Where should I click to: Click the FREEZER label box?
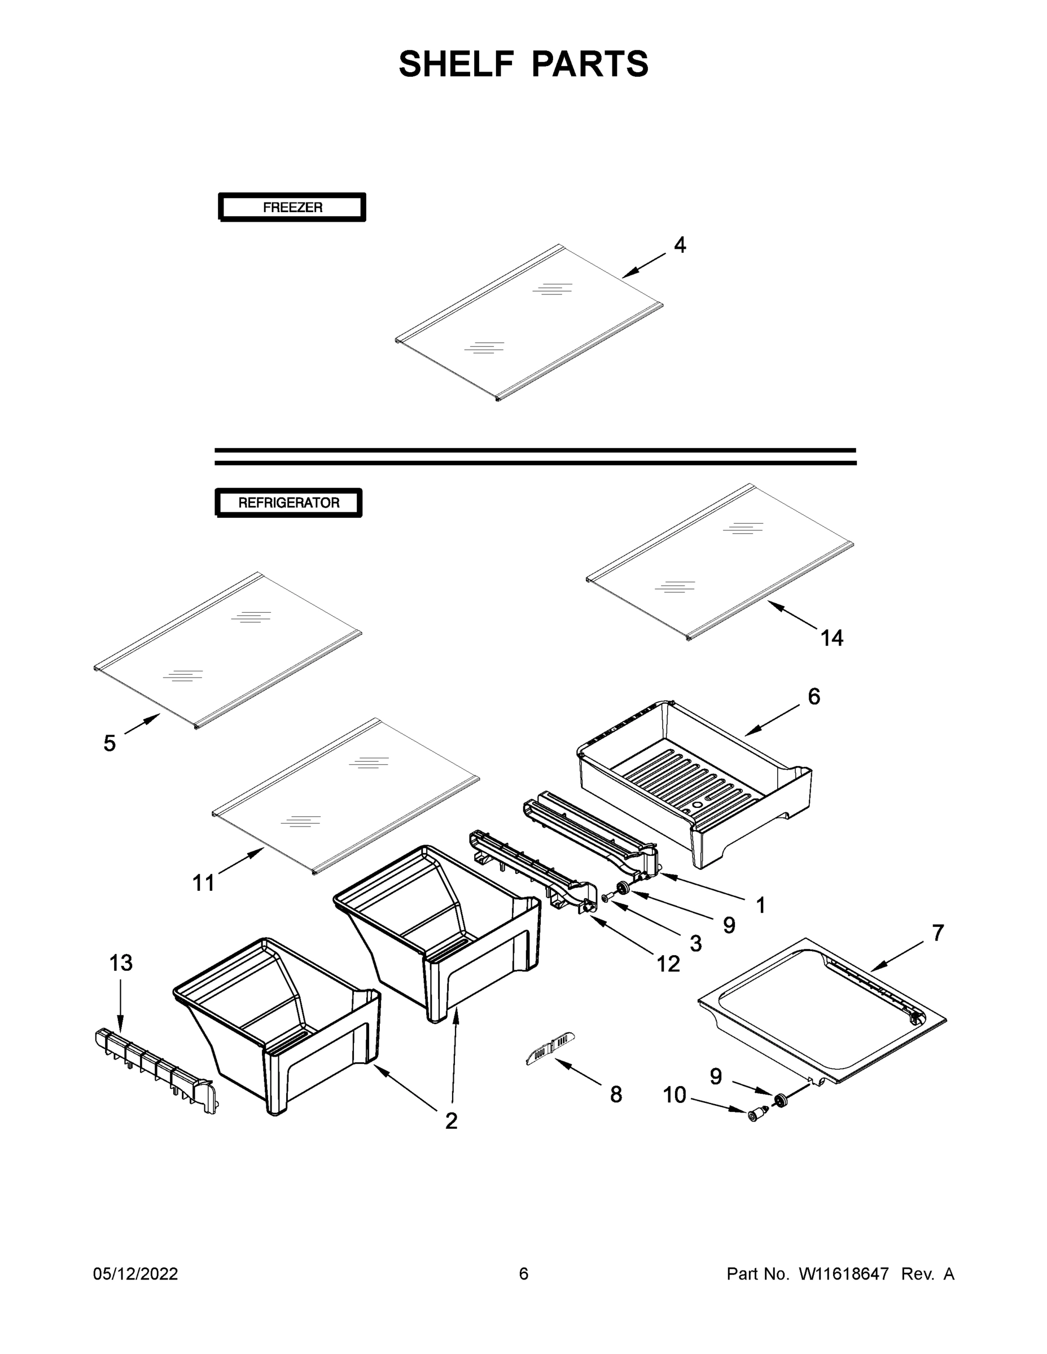(292, 207)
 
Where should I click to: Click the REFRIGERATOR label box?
(288, 503)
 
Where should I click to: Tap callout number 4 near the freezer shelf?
(680, 245)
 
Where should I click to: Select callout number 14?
(832, 638)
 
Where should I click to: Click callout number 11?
(203, 883)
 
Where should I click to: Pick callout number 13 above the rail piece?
(121, 963)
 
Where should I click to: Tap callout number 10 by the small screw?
(675, 1096)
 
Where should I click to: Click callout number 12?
(668, 964)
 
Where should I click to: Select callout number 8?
(616, 1095)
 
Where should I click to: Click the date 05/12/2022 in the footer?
(135, 1273)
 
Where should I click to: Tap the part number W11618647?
(844, 1273)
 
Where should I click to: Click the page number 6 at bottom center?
(524, 1273)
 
